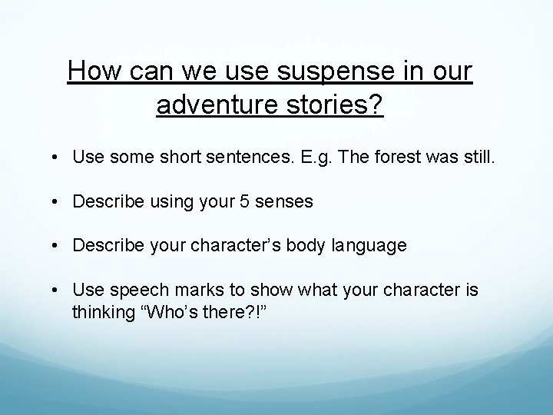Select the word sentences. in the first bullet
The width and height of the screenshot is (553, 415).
click(251, 157)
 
